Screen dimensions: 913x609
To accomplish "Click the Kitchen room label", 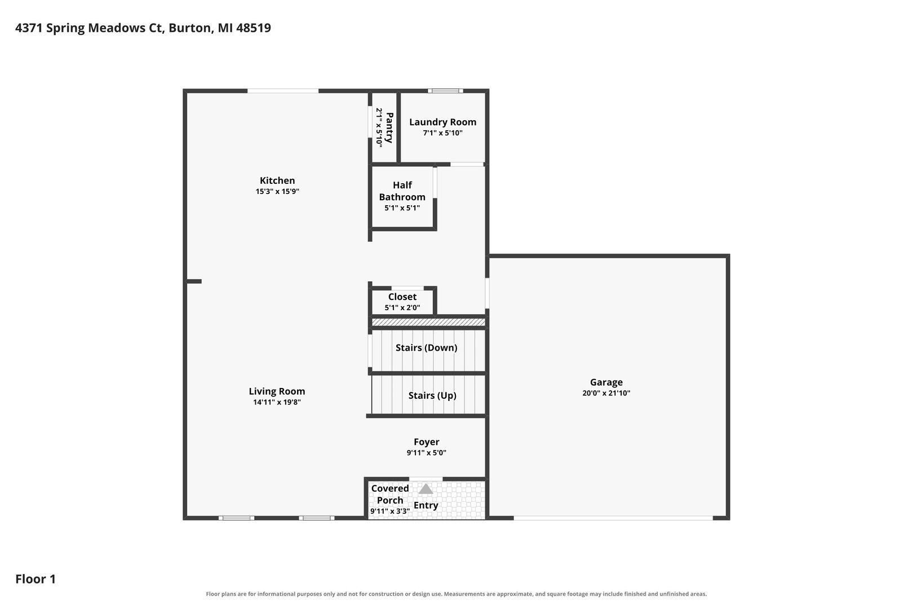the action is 277,180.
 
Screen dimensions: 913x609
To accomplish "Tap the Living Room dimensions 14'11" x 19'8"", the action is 277,402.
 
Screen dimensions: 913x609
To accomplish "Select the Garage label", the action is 606,382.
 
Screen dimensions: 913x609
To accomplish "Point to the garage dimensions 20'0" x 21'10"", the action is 606,393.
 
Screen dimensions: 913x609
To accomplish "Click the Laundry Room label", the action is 442,122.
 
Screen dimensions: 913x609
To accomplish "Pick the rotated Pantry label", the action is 389,127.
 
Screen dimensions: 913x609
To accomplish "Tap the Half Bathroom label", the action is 402,191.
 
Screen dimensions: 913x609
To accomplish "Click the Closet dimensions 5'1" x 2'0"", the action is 402,307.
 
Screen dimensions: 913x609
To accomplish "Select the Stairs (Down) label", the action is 426,347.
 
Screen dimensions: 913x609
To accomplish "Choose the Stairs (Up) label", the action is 432,395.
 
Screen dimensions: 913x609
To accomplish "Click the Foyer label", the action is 426,442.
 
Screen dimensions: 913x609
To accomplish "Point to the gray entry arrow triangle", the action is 426,489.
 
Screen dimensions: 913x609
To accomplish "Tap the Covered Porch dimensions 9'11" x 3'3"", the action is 390,511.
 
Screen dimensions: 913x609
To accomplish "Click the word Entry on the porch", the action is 426,505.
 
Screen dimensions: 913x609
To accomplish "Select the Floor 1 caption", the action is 36,579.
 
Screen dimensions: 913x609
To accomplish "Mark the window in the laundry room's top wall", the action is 445,91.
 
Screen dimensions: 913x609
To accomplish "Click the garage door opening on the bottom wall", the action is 613,518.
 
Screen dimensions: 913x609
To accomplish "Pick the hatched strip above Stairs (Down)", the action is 428,322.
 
